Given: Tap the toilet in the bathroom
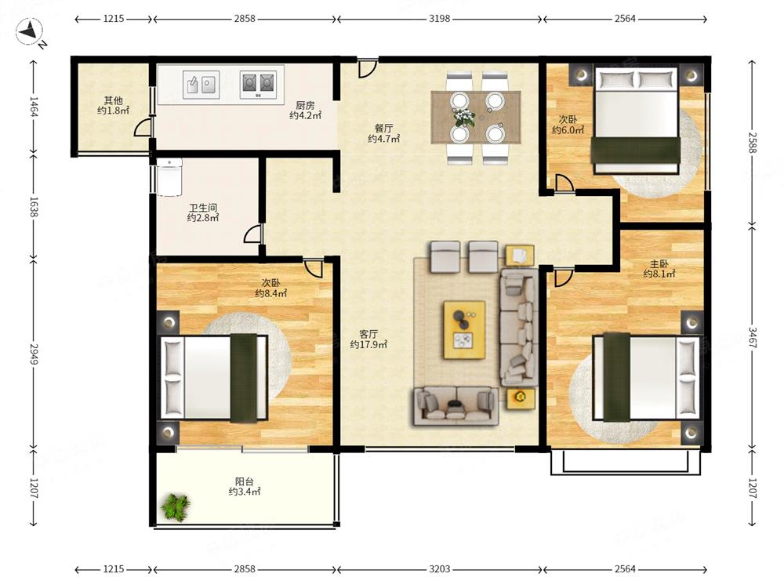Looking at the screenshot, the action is pos(169,177).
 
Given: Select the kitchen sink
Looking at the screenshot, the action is pos(201,85).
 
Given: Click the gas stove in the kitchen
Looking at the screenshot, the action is pos(258,85).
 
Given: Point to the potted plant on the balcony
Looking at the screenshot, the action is pos(176,507).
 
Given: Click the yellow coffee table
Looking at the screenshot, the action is pos(464,329).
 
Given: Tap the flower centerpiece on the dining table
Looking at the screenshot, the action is pos(464,117).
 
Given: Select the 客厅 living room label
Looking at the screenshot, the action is pos(368,339).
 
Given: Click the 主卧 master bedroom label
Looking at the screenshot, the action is pos(659,268).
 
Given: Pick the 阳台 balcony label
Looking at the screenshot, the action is pos(245,487).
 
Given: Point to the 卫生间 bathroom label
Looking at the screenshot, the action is pos(203,212).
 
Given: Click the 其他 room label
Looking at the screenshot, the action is pos(113,106).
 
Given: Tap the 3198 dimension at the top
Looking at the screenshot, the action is pos(440,19).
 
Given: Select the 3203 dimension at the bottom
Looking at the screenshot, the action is pos(440,569).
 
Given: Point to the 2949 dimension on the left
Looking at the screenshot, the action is pos(34,354).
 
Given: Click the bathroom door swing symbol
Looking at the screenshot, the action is pos(253,234).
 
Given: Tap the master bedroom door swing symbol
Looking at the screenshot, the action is pos(564,278).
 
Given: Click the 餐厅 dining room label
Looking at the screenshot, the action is pos(383,134).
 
